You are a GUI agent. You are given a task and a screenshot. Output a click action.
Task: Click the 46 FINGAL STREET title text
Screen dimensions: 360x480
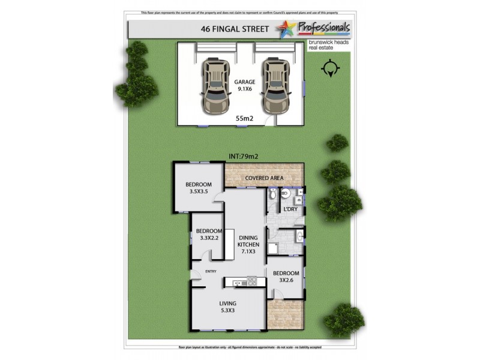click(230, 28)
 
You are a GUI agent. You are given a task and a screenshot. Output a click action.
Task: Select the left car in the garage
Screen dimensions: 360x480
click(215, 85)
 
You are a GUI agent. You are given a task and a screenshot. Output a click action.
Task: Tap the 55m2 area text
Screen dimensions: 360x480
click(244, 119)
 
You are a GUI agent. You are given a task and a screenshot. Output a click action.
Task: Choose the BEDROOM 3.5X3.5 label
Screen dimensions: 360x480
click(198, 188)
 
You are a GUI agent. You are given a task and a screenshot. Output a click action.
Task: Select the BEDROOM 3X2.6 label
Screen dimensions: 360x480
click(285, 277)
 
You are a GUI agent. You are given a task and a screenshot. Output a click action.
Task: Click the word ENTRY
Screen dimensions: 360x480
click(210, 272)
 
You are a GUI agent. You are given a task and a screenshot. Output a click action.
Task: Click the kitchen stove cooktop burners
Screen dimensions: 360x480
click(251, 280)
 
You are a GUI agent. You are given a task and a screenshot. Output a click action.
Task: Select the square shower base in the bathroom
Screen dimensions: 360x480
click(274, 249)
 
